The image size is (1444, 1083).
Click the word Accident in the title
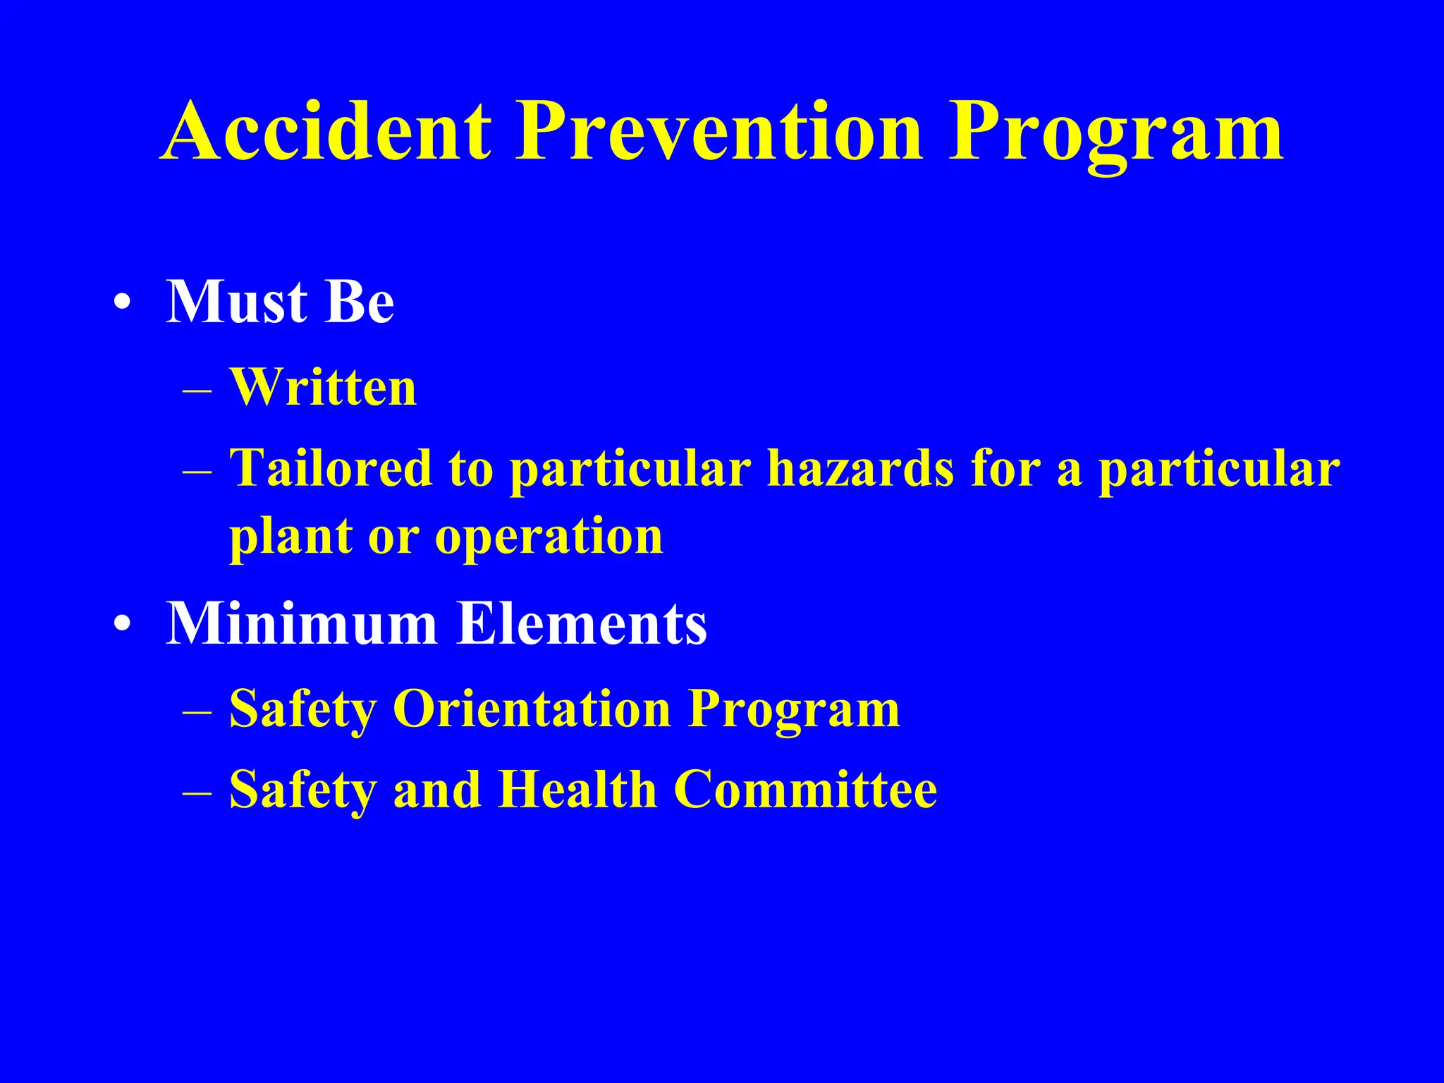point(326,132)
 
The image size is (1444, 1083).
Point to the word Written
point(323,387)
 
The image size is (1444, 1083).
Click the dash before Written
point(197,389)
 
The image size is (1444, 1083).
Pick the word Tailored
point(331,468)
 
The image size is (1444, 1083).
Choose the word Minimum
point(302,623)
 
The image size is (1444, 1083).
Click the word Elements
point(582,623)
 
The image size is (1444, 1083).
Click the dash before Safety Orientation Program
point(197,711)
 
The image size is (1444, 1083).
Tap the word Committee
point(805,789)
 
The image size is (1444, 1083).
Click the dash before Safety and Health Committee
point(197,792)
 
